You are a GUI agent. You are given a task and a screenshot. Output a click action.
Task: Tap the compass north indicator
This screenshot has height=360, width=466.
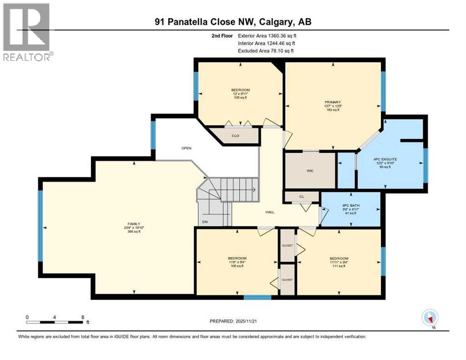coord(429,318)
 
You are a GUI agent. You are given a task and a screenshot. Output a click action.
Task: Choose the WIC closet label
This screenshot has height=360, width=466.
coord(310,171)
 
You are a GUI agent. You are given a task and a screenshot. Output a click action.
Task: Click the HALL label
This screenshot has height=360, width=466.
coord(270,212)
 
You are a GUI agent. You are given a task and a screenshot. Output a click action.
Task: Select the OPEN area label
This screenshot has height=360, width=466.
coord(187,148)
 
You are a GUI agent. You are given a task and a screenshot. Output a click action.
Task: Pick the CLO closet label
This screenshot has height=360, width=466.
coord(236,136)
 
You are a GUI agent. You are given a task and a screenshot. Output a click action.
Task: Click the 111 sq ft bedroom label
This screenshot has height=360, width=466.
coord(338,262)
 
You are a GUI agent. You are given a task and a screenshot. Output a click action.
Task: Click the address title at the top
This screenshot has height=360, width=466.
coord(233,22)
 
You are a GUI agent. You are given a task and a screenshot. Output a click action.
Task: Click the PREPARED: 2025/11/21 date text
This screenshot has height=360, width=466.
coord(233,321)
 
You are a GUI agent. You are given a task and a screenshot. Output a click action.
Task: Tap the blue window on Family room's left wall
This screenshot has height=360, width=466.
coord(40,225)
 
